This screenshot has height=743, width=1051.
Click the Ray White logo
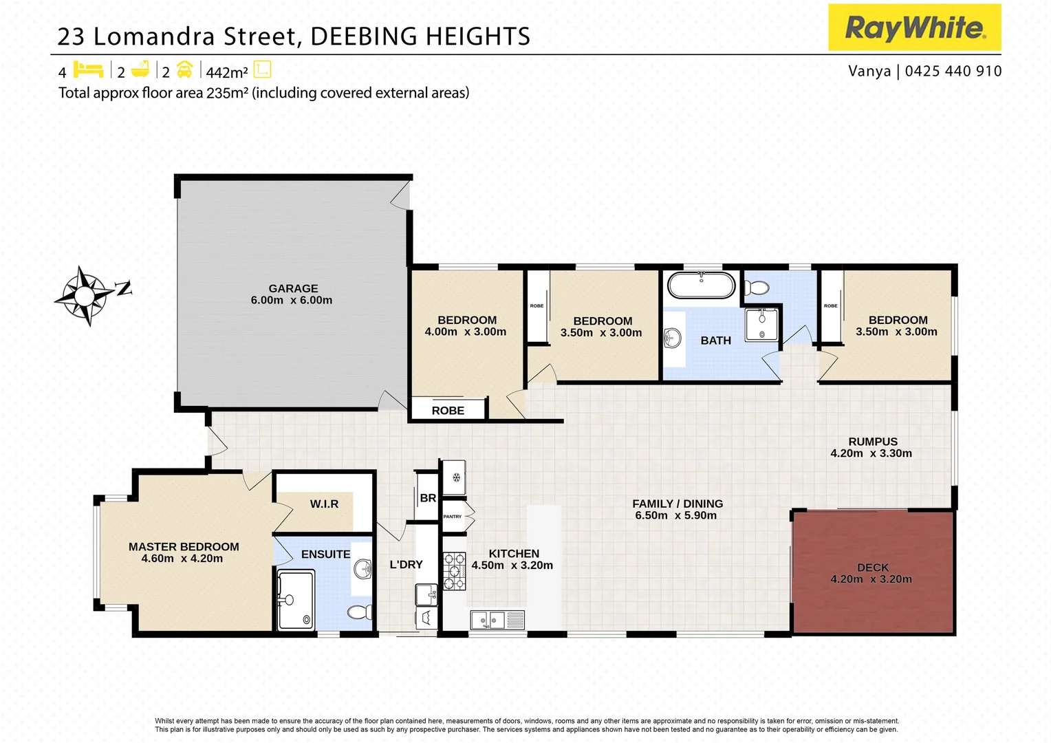914,28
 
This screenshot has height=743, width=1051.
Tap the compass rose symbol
85,296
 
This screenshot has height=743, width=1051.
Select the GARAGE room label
293,288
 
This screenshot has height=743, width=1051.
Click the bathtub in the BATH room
701,285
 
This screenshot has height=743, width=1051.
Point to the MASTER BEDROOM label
184,547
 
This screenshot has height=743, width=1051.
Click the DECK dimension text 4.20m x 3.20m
871,579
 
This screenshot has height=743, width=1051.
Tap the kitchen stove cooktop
454,571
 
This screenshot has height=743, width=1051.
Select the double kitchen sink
497,620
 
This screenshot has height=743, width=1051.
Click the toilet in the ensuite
360,612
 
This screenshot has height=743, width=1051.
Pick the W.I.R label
324,504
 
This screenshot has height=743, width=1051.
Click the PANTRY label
453,516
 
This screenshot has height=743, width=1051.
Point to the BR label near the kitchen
428,498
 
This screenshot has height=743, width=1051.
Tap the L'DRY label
406,565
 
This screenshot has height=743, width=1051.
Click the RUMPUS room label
872,442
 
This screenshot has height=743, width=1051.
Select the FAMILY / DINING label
678,504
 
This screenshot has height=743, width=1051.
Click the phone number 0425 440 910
953,71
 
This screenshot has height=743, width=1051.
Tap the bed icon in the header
88,70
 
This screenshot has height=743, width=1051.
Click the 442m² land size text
226,72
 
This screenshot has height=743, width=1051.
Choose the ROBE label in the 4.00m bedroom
448,411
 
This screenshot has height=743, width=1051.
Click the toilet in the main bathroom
757,288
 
